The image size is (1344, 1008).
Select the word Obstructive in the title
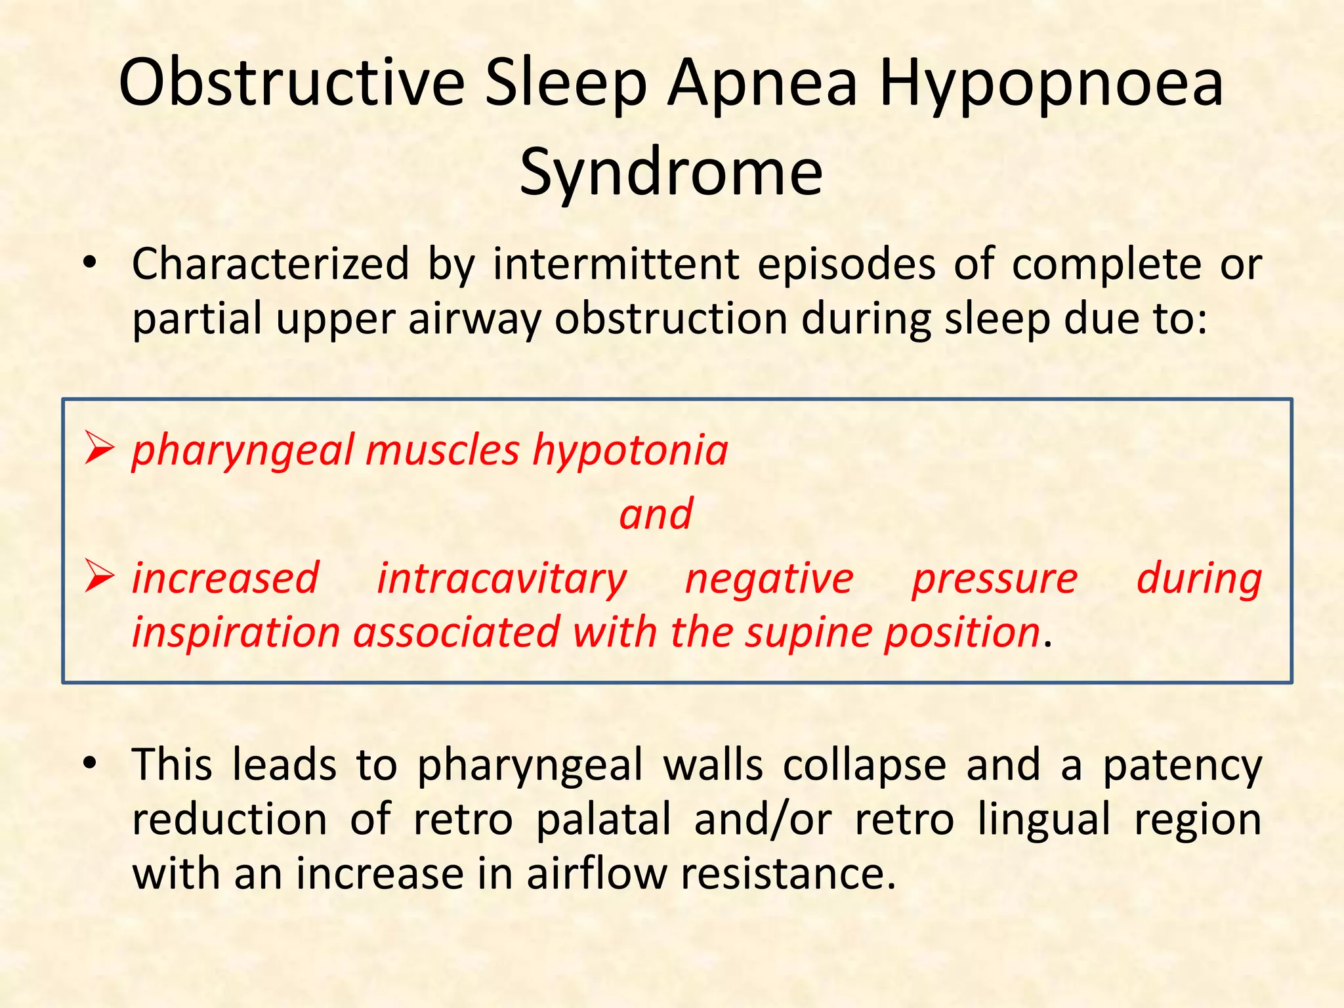coord(291,83)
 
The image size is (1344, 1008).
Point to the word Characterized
coord(270,264)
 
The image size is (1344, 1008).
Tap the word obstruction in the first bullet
coord(671,319)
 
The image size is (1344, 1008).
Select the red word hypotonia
coord(630,451)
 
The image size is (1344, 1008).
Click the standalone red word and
coord(656,514)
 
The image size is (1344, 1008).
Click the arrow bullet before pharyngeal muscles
coord(99,450)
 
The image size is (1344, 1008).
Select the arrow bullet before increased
coord(99,578)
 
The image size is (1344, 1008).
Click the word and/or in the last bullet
coord(763,820)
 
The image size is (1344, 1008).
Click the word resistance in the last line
coord(787,875)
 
